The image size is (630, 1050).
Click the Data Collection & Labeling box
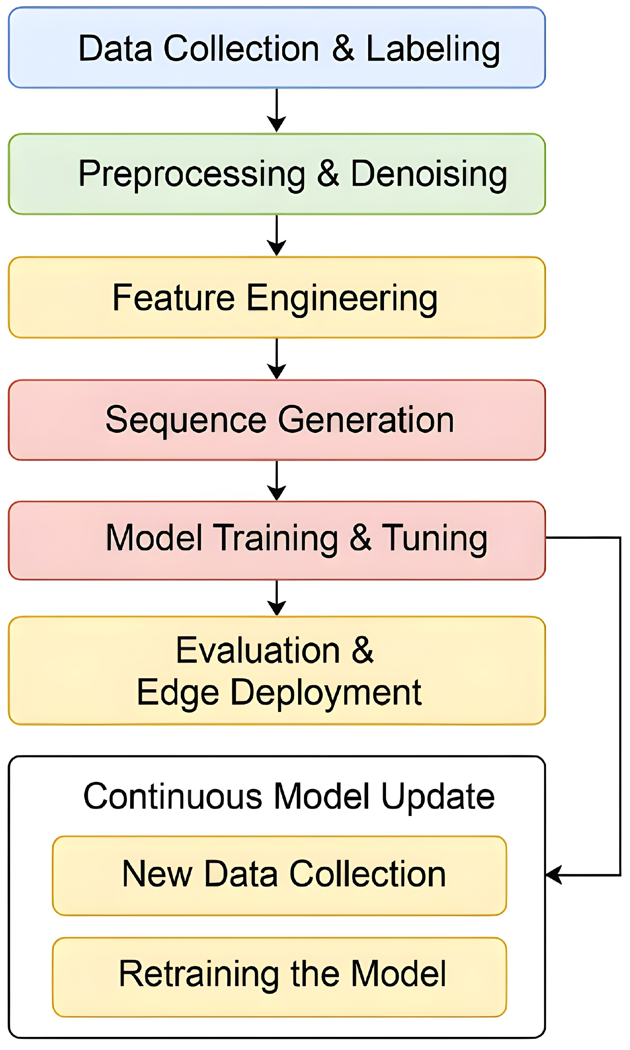277,47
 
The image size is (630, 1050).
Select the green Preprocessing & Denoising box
277,174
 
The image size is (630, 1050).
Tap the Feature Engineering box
277,298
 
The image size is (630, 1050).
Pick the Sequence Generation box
277,420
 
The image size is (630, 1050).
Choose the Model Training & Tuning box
277,540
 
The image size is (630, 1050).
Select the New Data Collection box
279,875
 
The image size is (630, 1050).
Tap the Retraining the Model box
279,977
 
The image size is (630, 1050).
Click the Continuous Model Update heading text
289,796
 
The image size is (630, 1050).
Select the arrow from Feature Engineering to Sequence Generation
277,359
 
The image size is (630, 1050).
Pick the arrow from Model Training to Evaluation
277,598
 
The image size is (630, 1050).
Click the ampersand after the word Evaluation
362,650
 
